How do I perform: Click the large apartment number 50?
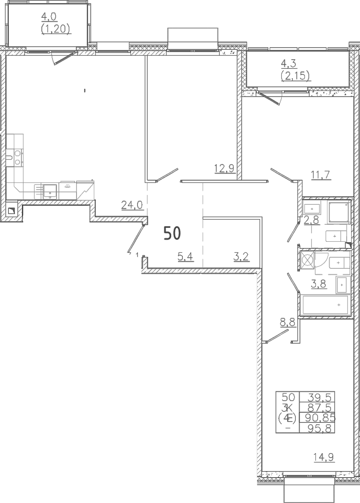(172, 233)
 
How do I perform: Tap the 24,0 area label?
(132, 204)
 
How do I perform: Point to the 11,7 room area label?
(320, 175)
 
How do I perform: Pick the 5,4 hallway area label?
(186, 257)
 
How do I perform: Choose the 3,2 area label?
(240, 257)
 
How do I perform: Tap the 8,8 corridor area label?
(287, 322)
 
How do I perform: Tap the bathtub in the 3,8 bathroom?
(325, 305)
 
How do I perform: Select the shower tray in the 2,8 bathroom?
(339, 213)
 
